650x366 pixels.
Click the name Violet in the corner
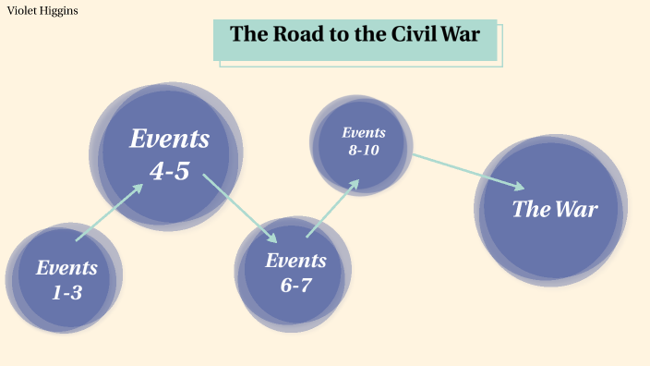pos(22,11)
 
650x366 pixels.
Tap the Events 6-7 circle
pos(295,272)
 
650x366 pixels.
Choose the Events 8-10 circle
pos(362,141)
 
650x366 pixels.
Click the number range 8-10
pos(364,151)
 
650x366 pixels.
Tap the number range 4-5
pos(169,171)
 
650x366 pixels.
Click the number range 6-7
pos(295,285)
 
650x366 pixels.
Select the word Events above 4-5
pos(169,140)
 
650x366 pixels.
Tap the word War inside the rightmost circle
pos(576,209)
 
